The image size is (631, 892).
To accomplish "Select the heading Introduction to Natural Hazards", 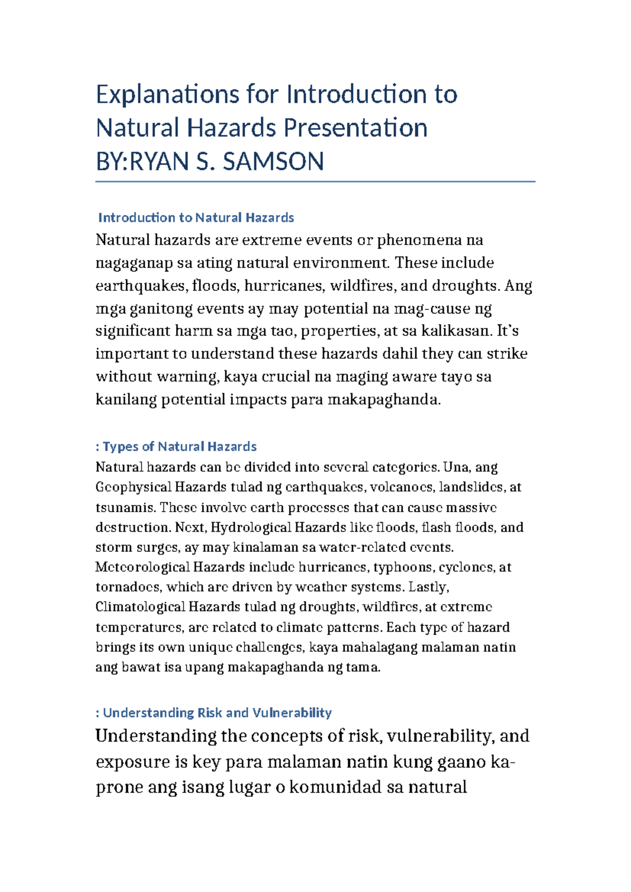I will (x=196, y=218).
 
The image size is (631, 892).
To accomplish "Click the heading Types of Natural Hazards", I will (x=179, y=447).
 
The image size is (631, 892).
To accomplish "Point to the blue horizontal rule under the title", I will (x=315, y=181).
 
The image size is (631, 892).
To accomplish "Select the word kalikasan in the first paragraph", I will (x=456, y=331).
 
